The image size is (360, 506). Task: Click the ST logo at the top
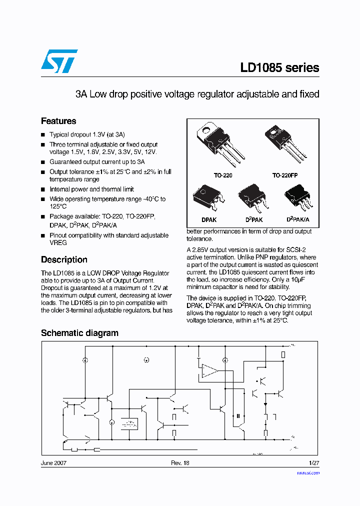coord(59,61)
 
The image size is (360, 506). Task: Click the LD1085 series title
coord(279,67)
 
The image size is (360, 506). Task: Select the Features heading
coord(58,121)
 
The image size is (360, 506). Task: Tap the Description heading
coord(64,259)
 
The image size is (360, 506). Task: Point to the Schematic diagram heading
coord(79,333)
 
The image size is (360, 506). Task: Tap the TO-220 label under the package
coord(223,176)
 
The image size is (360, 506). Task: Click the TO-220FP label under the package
coord(284,176)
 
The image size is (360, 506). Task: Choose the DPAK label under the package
coord(208,219)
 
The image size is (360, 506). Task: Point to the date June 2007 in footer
coord(53,463)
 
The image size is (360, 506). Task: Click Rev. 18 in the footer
coord(180,463)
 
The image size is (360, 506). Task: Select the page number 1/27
coord(314,463)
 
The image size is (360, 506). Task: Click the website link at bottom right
coord(308,472)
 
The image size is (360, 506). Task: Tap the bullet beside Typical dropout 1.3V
coord(43,135)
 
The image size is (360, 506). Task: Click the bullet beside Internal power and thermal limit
coord(43,189)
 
